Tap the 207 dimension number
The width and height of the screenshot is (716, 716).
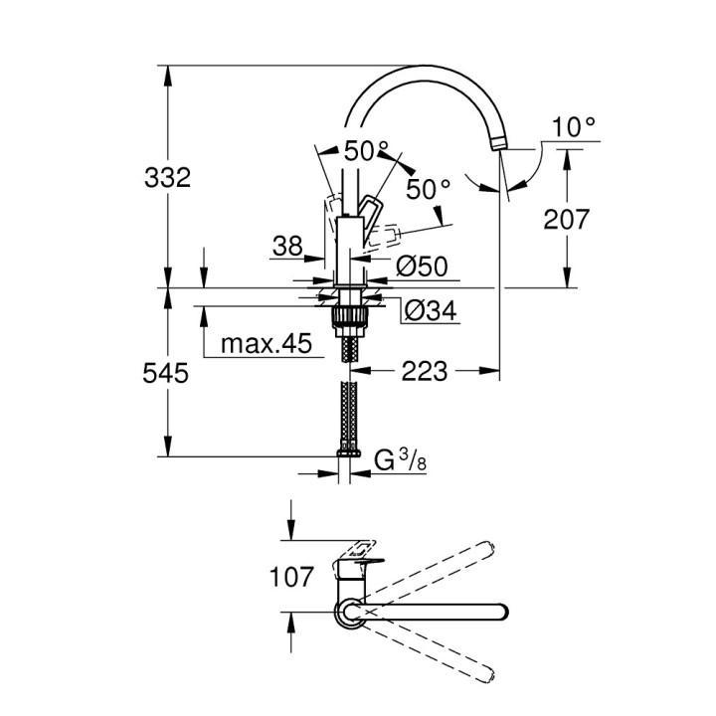(568, 220)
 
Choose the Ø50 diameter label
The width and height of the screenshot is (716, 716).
(422, 267)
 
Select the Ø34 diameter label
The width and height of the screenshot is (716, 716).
(429, 311)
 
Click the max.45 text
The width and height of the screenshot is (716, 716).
(266, 345)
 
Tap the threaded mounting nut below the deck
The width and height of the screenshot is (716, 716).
(348, 317)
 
